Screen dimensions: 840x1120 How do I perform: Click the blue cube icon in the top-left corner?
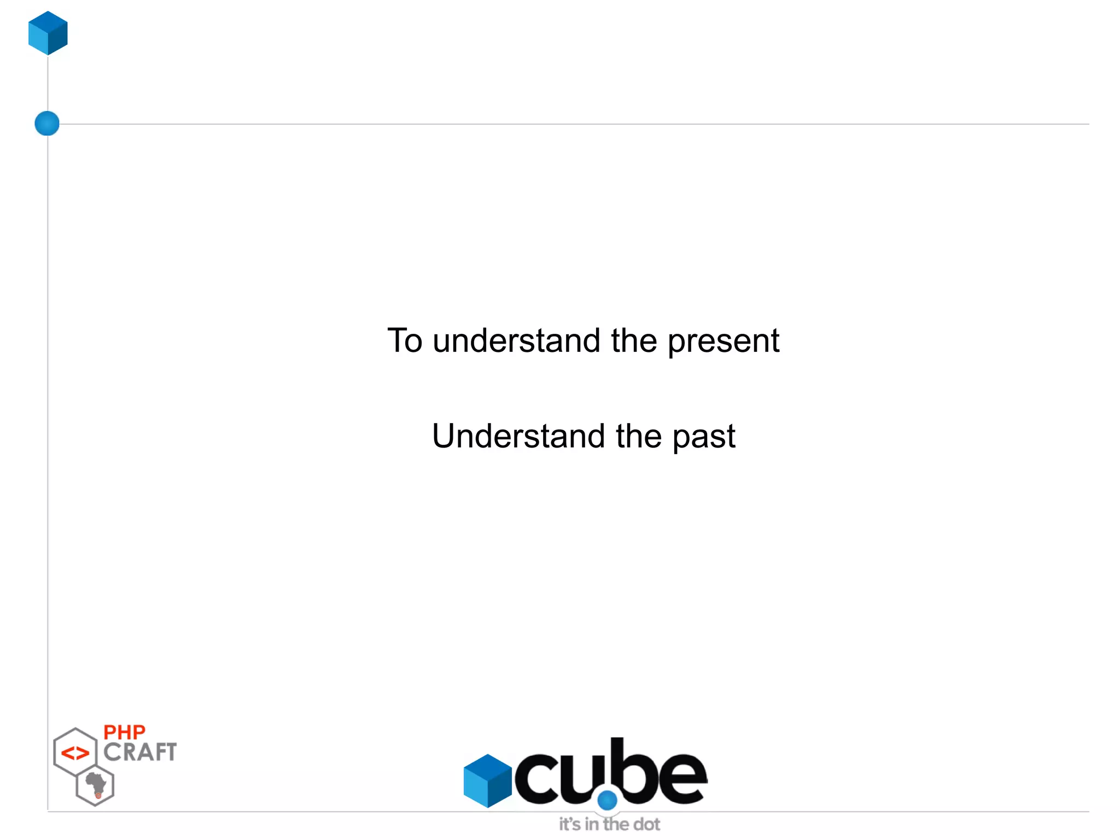point(48,33)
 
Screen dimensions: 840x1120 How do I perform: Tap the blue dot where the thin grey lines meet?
point(47,123)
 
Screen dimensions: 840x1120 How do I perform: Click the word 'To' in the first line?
point(405,340)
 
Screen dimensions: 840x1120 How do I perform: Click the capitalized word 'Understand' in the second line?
point(519,436)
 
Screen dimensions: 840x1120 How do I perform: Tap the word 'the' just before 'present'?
point(634,340)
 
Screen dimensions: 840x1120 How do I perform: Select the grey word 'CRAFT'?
point(140,752)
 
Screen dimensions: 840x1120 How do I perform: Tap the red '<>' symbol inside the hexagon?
point(75,754)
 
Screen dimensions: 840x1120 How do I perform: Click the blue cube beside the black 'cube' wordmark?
point(487,781)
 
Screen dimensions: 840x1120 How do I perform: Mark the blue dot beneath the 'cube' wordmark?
point(607,800)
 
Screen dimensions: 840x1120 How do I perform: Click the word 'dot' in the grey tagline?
point(646,824)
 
